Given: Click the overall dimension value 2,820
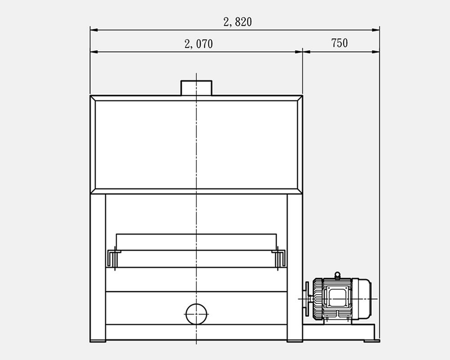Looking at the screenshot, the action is pos(238,22).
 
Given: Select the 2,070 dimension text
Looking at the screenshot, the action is pos(198,44).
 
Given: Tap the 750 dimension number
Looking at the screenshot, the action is pos(339,43).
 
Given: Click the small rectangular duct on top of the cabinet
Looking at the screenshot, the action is pos(196,88).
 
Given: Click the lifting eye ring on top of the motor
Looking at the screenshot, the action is pos(337,275).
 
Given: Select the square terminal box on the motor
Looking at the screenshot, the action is pos(337,298).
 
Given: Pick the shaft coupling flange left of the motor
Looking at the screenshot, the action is pos(307,299).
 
